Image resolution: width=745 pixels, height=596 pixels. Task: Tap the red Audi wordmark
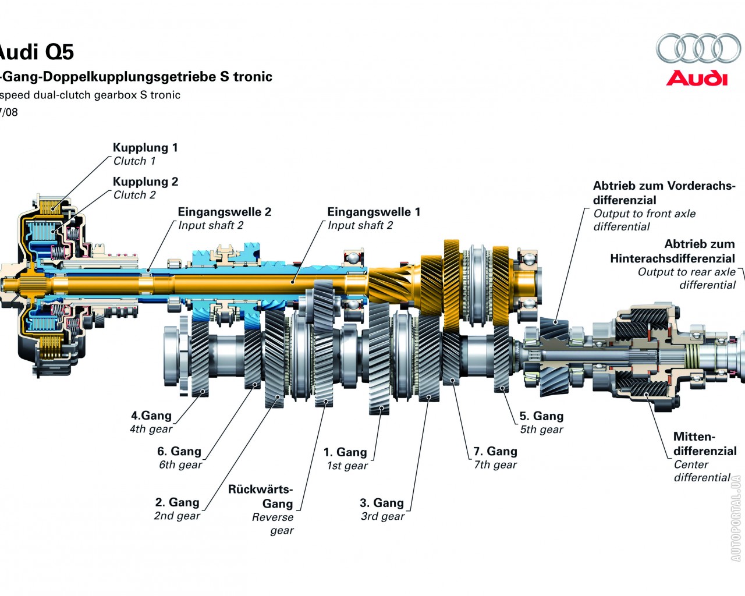pyautogui.click(x=697, y=78)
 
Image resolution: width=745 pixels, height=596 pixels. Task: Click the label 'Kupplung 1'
pyautogui.click(x=145, y=148)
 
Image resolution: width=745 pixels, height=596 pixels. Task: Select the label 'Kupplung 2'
pyautogui.click(x=146, y=182)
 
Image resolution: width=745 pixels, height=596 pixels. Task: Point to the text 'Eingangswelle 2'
pyautogui.click(x=224, y=212)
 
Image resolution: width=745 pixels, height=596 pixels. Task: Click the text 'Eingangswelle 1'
pyautogui.click(x=373, y=212)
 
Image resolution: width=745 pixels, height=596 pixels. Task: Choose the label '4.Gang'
pyautogui.click(x=151, y=416)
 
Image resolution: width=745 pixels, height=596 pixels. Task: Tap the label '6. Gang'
pyautogui.click(x=179, y=451)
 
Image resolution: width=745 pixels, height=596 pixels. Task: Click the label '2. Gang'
pyautogui.click(x=177, y=502)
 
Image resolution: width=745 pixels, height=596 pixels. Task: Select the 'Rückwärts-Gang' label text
pyautogui.click(x=261, y=496)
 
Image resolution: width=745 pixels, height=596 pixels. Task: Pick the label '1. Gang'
pyautogui.click(x=345, y=452)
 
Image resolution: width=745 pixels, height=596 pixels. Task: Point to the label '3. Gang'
pyautogui.click(x=381, y=503)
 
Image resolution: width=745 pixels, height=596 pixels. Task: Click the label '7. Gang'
pyautogui.click(x=495, y=451)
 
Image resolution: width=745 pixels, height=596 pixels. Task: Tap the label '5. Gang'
pyautogui.click(x=541, y=416)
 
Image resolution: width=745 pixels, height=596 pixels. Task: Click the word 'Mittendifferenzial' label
pyautogui.click(x=704, y=444)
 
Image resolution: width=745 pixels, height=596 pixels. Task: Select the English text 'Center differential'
pyautogui.click(x=701, y=471)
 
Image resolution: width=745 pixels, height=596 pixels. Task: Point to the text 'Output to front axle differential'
pyautogui.click(x=644, y=220)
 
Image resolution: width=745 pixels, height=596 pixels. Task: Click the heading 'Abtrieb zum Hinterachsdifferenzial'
pyautogui.click(x=672, y=251)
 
